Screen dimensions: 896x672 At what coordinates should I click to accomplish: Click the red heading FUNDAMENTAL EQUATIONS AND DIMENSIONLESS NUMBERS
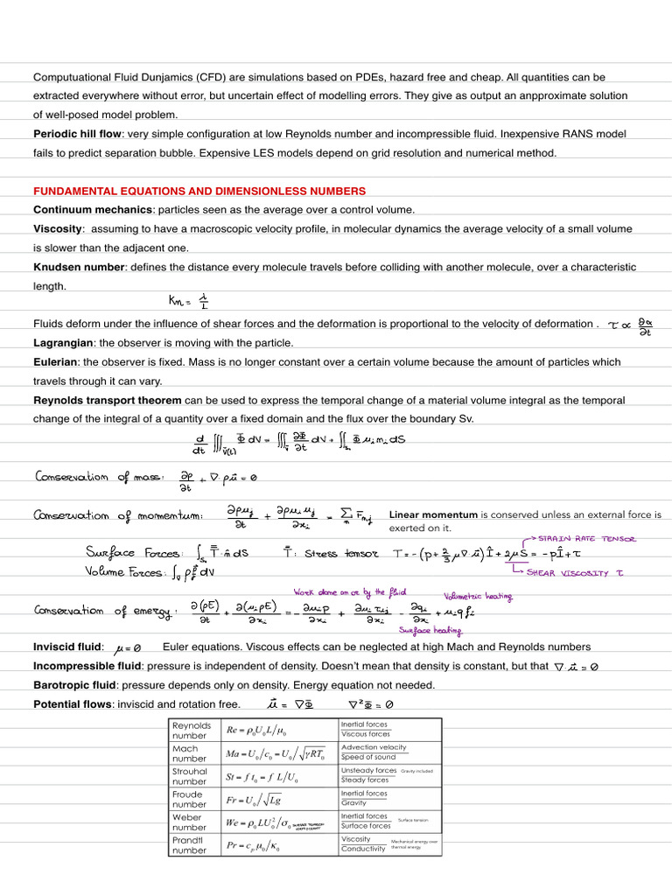pyautogui.click(x=199, y=191)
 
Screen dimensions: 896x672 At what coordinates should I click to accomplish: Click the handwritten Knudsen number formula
pyautogui.click(x=188, y=301)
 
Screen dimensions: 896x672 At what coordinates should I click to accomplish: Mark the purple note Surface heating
pyautogui.click(x=430, y=629)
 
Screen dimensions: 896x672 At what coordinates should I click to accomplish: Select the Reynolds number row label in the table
pyautogui.click(x=192, y=730)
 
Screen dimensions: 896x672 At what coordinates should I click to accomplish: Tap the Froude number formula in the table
pyautogui.click(x=255, y=799)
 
